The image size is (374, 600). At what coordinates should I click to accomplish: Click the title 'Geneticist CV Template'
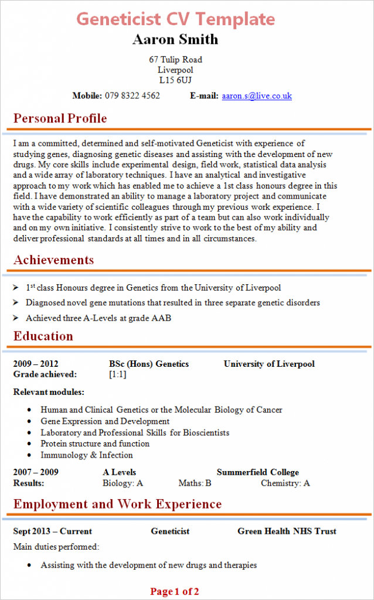175,19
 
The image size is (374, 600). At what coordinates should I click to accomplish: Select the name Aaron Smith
175,39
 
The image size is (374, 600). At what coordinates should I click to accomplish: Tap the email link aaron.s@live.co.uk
257,96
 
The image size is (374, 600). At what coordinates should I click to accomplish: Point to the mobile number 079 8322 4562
132,96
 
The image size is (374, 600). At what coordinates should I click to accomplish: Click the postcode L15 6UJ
175,80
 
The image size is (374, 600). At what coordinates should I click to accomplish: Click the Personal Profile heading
60,118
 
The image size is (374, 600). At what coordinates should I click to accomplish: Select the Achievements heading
53,260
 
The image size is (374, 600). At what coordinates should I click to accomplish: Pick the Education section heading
43,336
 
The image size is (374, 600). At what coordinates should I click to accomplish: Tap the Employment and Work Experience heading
117,504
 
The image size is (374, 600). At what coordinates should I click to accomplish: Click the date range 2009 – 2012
36,364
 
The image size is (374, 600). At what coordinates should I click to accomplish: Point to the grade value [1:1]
118,374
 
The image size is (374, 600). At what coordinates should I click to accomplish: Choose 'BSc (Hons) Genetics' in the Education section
149,364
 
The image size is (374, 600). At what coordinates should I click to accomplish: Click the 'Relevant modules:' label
49,391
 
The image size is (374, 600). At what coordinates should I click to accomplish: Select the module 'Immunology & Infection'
87,455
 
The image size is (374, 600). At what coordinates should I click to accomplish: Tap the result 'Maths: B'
195,483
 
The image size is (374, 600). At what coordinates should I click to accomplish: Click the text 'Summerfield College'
258,472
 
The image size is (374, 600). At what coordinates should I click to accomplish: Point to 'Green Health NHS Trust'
287,531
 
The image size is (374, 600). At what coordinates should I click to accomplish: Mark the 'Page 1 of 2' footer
175,591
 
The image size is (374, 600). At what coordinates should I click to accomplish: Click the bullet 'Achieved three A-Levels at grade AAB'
98,318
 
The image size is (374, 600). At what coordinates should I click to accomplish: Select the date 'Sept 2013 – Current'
53,531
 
